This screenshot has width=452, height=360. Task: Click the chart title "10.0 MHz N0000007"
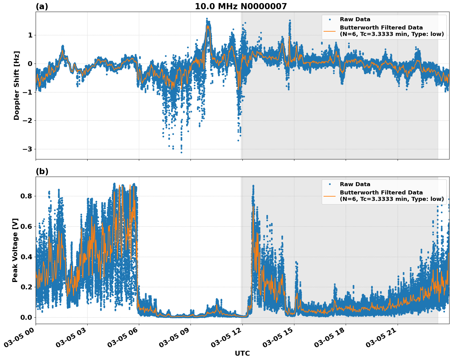pyautogui.click(x=241, y=6)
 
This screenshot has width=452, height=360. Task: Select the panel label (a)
pyautogui.click(x=42, y=6)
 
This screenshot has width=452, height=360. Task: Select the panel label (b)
pyautogui.click(x=42, y=171)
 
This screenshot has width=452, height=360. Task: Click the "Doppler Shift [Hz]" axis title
pyautogui.click(x=17, y=85)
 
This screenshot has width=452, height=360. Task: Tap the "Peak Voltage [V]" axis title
pyautogui.click(x=15, y=250)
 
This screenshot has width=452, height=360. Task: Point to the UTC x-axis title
pyautogui.click(x=242, y=353)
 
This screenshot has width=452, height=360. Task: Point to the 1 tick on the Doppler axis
pyautogui.click(x=30, y=35)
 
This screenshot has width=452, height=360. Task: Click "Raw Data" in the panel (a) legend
pyautogui.click(x=355, y=19)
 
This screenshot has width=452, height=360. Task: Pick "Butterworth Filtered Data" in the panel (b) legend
pyautogui.click(x=381, y=193)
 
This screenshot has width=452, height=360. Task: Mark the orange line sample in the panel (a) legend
pyautogui.click(x=329, y=31)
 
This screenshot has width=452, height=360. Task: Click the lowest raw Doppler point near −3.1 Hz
pyautogui.click(x=181, y=152)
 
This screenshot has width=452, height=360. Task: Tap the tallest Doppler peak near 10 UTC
pyautogui.click(x=207, y=18)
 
